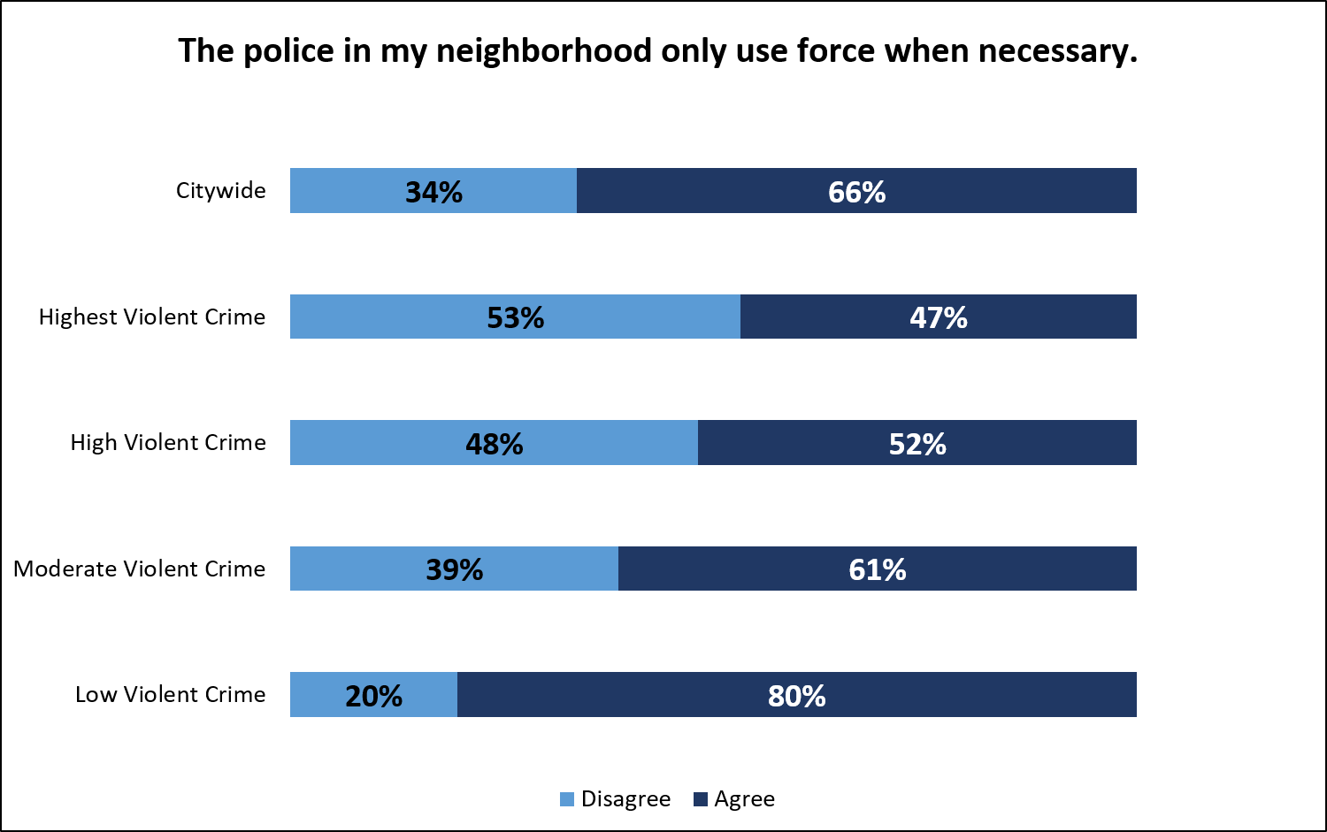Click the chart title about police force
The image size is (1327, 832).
point(657,51)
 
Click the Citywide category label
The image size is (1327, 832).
point(220,191)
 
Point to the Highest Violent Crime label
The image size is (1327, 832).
point(152,317)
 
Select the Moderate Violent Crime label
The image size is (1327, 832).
point(140,569)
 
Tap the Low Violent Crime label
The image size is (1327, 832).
point(170,694)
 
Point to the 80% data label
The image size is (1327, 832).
point(796,696)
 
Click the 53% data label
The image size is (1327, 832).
point(516,317)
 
